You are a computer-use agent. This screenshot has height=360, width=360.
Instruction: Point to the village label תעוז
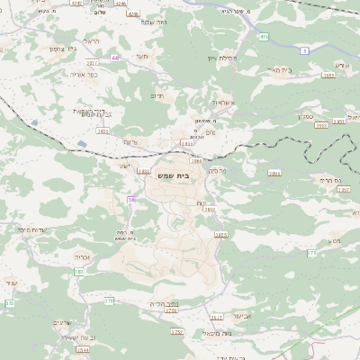tap(141, 57)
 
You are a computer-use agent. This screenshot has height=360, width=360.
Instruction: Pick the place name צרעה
tap(132, 142)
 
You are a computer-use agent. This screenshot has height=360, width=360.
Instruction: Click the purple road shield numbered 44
tap(115, 58)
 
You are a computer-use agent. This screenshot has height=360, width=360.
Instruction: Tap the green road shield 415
tap(264, 37)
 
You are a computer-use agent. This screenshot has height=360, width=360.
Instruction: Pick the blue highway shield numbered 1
tap(305, 51)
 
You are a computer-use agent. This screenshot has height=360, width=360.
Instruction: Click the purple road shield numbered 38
tap(131, 199)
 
